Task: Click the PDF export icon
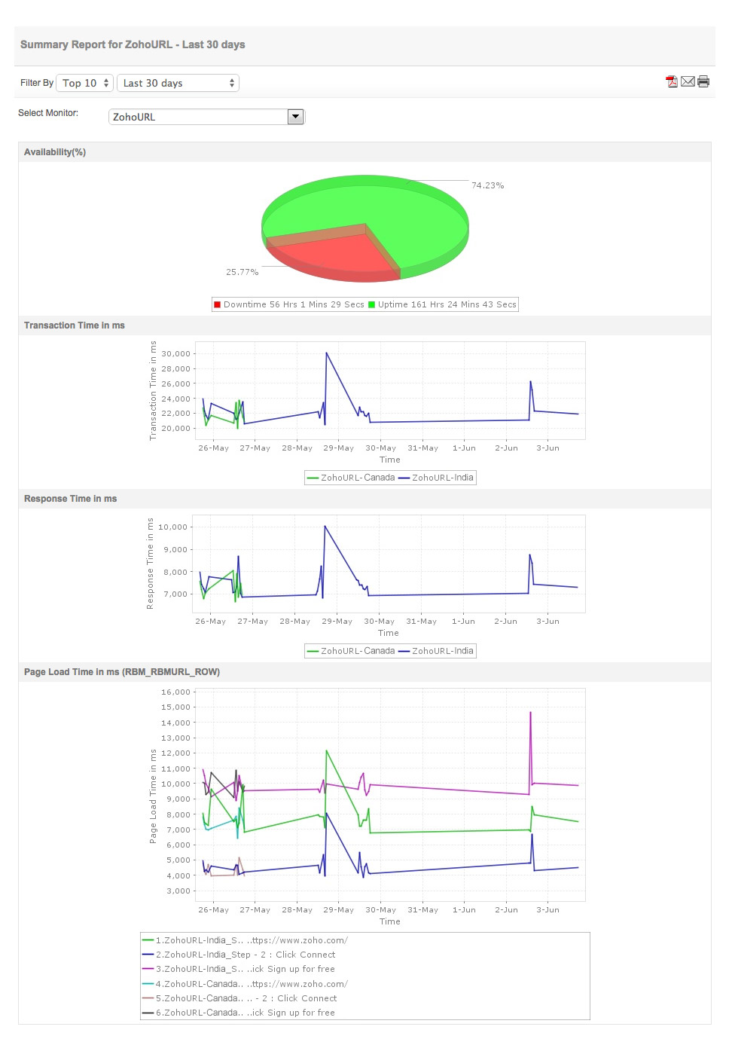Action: [672, 82]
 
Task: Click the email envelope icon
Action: [688, 82]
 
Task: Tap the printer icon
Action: [703, 82]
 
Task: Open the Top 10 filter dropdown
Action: [85, 83]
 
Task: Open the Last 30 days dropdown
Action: [178, 83]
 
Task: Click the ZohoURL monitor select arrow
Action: [295, 117]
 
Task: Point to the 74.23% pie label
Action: [487, 185]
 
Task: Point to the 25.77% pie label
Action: [242, 272]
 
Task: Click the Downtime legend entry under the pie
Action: [289, 305]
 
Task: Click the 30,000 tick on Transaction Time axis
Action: [175, 354]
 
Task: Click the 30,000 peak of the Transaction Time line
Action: [326, 353]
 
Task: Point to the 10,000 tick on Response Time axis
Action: [172, 527]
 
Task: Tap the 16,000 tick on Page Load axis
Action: [175, 692]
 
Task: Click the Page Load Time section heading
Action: [122, 672]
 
